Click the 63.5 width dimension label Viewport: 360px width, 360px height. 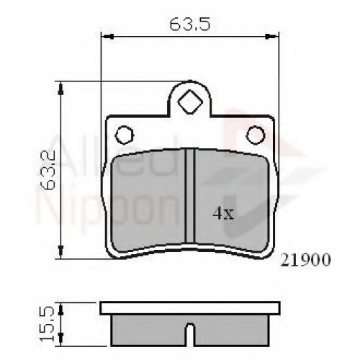[190, 24]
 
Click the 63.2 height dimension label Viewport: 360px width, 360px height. [48, 170]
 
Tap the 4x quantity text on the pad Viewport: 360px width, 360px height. [223, 214]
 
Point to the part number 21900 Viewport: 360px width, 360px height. [305, 260]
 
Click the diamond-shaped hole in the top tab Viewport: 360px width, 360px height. [190, 102]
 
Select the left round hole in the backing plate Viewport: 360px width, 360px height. [124, 135]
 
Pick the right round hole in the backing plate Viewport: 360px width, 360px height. [256, 135]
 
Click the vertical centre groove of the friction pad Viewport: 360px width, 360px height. [190, 196]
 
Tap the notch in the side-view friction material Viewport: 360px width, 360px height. [191, 334]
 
